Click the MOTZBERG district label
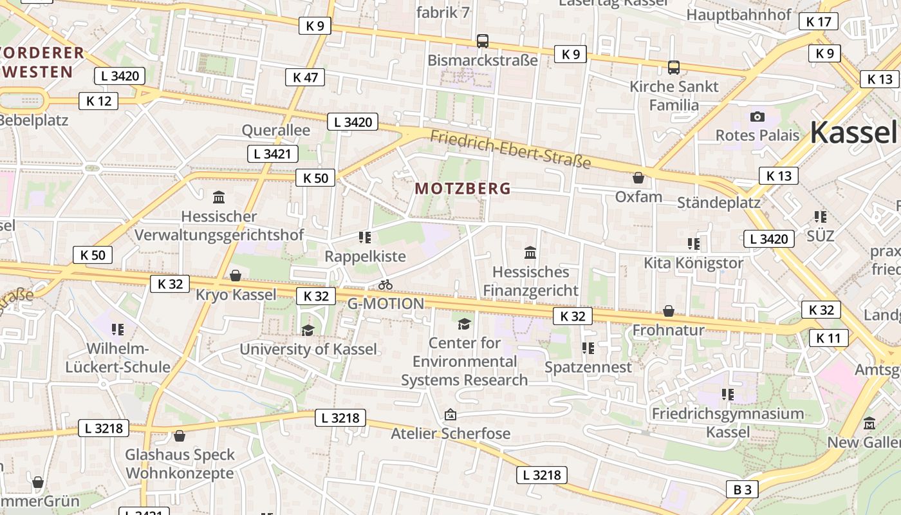coord(463,189)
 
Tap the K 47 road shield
coord(305,77)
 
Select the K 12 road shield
coord(98,100)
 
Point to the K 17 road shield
coord(819,21)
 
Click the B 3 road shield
coord(742,489)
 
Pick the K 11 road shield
coord(828,337)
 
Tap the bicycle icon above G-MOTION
coord(385,285)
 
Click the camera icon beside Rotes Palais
coord(757,117)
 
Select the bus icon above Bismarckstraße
coord(483,41)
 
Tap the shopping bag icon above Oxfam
coord(638,178)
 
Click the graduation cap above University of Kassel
coord(308,330)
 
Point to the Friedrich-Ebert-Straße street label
coord(510,149)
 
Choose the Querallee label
coord(275,130)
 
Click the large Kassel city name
coord(853,132)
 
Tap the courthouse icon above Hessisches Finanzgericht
coord(530,252)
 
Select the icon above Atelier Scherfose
coord(450,415)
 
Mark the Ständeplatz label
coord(719,203)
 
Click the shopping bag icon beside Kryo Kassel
coord(236,276)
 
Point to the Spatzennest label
coord(588,367)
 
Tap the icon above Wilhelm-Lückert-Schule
coord(118,330)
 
